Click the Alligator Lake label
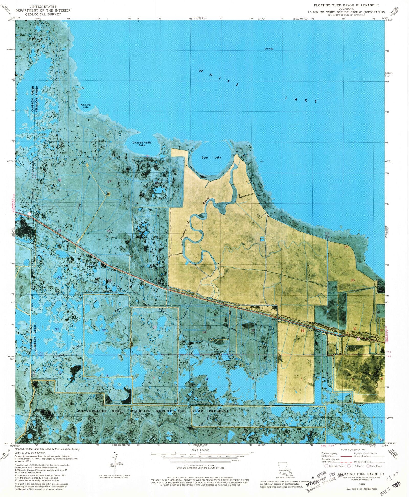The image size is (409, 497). [x=86, y=106]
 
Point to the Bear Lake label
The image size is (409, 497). [x=211, y=157]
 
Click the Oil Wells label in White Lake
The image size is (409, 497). [x=269, y=49]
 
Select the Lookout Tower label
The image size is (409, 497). [x=163, y=310]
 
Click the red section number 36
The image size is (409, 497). [x=303, y=330]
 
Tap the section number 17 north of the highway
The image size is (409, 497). [x=109, y=182]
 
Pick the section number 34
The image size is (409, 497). [x=204, y=332]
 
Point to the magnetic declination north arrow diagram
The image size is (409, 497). [x=115, y=465]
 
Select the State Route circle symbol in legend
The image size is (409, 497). [x=368, y=466]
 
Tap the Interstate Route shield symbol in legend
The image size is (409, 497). [x=326, y=466]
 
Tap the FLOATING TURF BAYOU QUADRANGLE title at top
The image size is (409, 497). [x=346, y=5]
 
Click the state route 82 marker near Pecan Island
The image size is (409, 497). [x=358, y=339]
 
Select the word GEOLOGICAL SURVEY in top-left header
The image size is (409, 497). [x=43, y=14]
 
